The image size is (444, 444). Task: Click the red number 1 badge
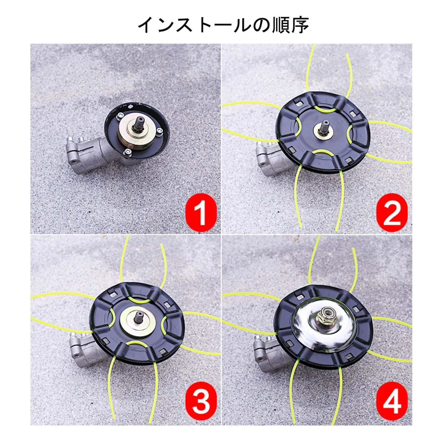(x=201, y=213)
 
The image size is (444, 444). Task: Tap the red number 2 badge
(x=392, y=213)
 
